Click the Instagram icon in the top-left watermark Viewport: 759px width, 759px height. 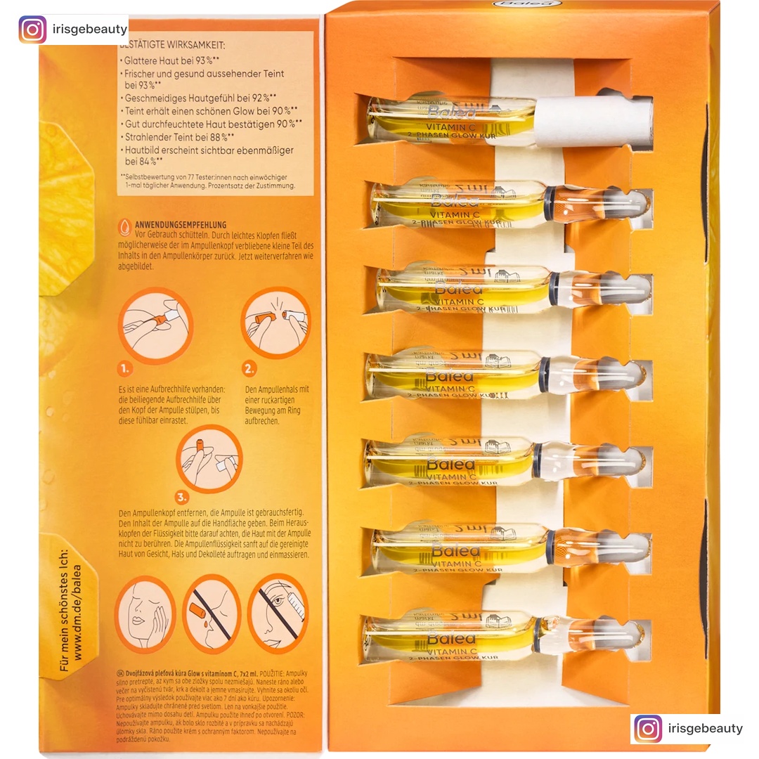[32, 30]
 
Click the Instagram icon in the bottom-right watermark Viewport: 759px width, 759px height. [647, 728]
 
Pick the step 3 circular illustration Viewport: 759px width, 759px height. [209, 458]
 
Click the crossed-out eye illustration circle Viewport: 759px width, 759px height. [278, 614]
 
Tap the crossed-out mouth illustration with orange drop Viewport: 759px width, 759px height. [212, 614]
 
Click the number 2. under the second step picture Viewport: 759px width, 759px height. [249, 368]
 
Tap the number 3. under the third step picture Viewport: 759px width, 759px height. [182, 498]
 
